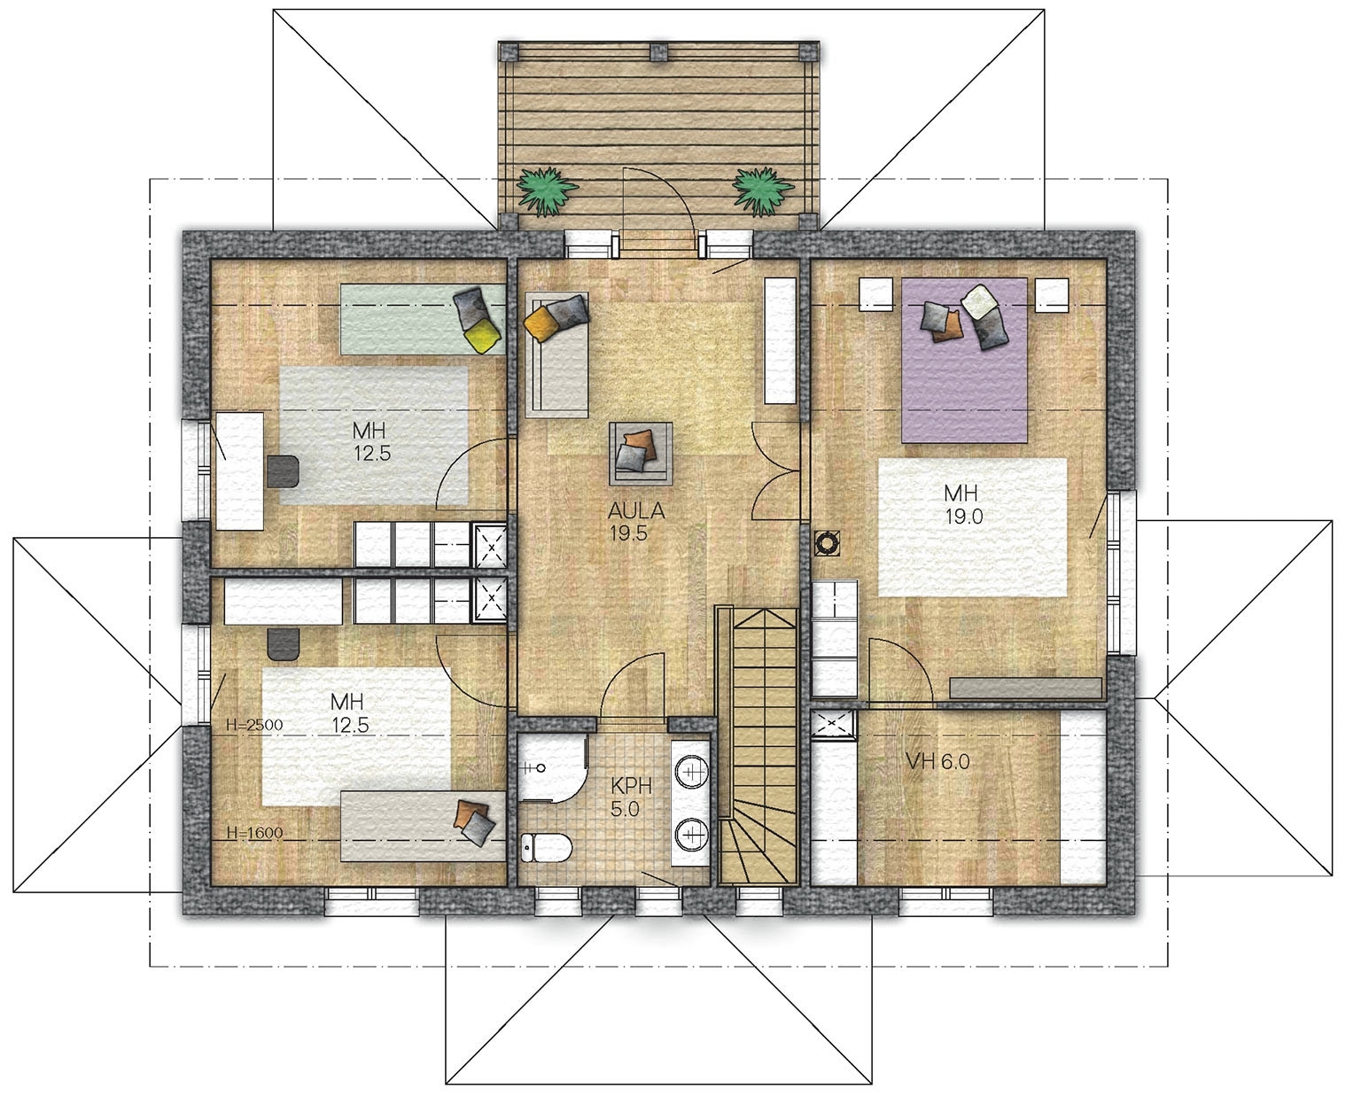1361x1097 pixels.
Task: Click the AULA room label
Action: click(x=636, y=510)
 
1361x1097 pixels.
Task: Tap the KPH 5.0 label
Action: click(x=631, y=797)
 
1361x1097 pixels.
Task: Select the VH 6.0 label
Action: click(x=937, y=762)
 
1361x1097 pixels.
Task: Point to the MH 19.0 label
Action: click(x=963, y=504)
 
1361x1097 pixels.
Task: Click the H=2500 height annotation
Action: click(x=254, y=725)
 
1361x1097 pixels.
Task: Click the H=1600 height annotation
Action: click(x=254, y=833)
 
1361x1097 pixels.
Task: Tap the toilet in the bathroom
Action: click(x=547, y=847)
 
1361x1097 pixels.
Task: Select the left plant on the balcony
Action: click(x=546, y=191)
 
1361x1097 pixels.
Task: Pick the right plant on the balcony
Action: click(x=762, y=191)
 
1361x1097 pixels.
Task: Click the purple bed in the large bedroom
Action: click(x=964, y=360)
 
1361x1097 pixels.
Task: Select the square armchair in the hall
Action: click(x=640, y=454)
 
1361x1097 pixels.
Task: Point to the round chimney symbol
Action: click(x=828, y=542)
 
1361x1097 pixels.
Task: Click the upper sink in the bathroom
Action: click(x=691, y=772)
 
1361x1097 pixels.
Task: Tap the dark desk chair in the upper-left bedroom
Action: click(x=283, y=471)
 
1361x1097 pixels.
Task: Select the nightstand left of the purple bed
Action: click(x=875, y=294)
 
